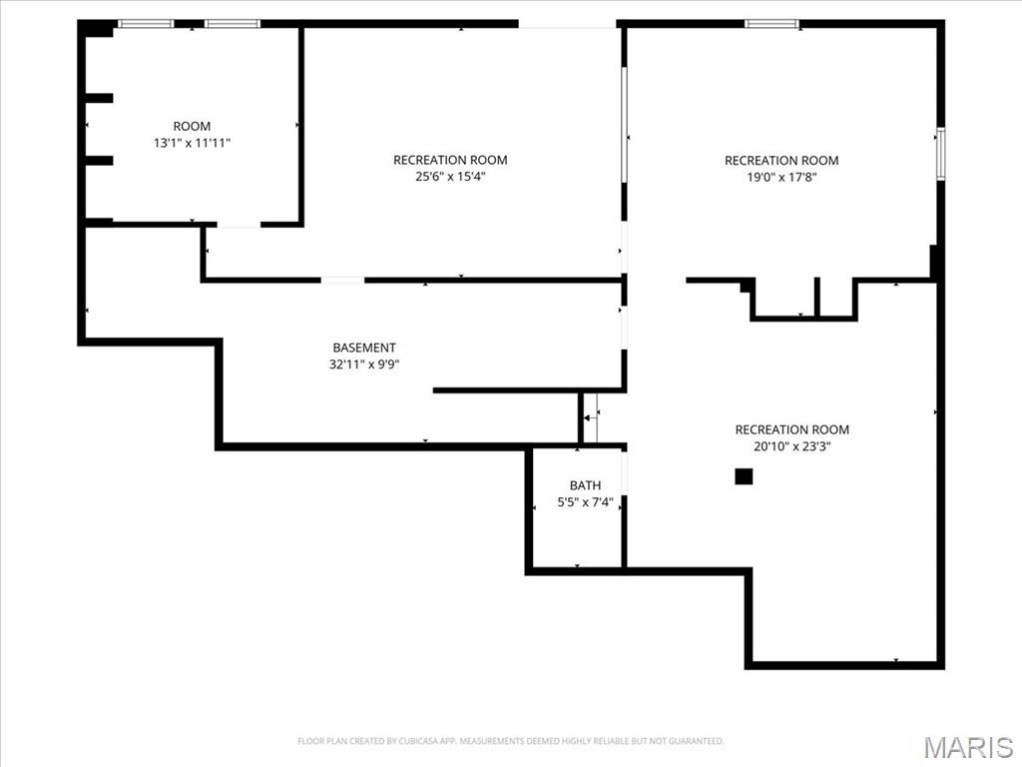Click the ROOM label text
coord(192,126)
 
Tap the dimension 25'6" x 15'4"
coord(450,177)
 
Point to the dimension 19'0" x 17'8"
coord(781,177)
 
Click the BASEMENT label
coord(364,348)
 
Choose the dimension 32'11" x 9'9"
coord(364,365)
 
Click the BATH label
coord(585,485)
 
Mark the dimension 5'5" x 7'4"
coord(585,502)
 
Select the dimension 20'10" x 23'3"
coord(792,446)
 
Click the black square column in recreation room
coord(744,476)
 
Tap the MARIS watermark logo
coord(967,746)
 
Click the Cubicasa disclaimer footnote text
coord(510,741)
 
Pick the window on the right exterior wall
coord(940,154)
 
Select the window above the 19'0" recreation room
coord(771,23)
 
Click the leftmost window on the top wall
coord(146,23)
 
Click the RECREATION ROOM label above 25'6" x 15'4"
coord(450,160)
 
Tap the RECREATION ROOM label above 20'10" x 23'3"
coord(792,429)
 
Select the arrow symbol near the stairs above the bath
coord(590,417)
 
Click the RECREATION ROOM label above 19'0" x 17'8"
coord(781,160)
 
